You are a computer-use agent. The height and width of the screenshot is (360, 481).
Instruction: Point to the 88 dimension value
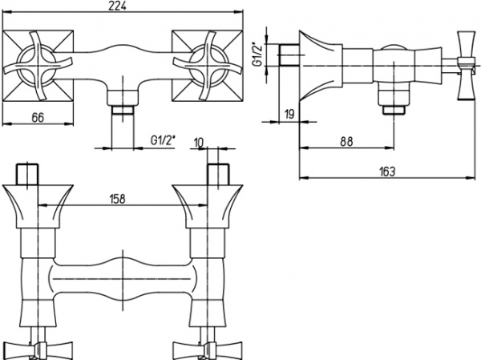346,141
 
